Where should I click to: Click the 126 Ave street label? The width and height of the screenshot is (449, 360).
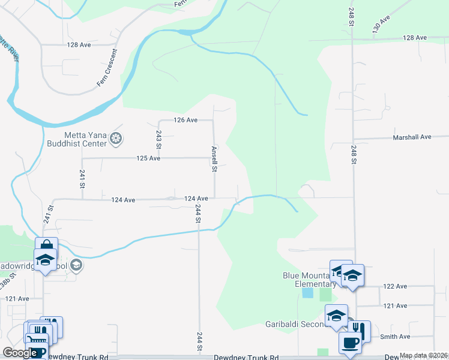185,120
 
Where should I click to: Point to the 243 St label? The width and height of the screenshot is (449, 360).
158,140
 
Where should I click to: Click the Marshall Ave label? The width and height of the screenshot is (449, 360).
412,137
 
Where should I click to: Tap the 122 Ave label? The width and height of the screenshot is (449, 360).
395,287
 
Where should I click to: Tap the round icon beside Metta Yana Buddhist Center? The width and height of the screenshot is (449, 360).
116,140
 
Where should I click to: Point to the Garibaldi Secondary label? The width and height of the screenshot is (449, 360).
295,325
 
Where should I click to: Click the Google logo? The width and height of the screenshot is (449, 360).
20,353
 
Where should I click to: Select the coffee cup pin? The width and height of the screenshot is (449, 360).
349,342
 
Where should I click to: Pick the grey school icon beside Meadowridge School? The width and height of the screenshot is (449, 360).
76,265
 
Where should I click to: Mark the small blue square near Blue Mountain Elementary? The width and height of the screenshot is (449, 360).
307,293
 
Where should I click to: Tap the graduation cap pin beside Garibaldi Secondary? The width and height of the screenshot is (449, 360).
336,315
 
